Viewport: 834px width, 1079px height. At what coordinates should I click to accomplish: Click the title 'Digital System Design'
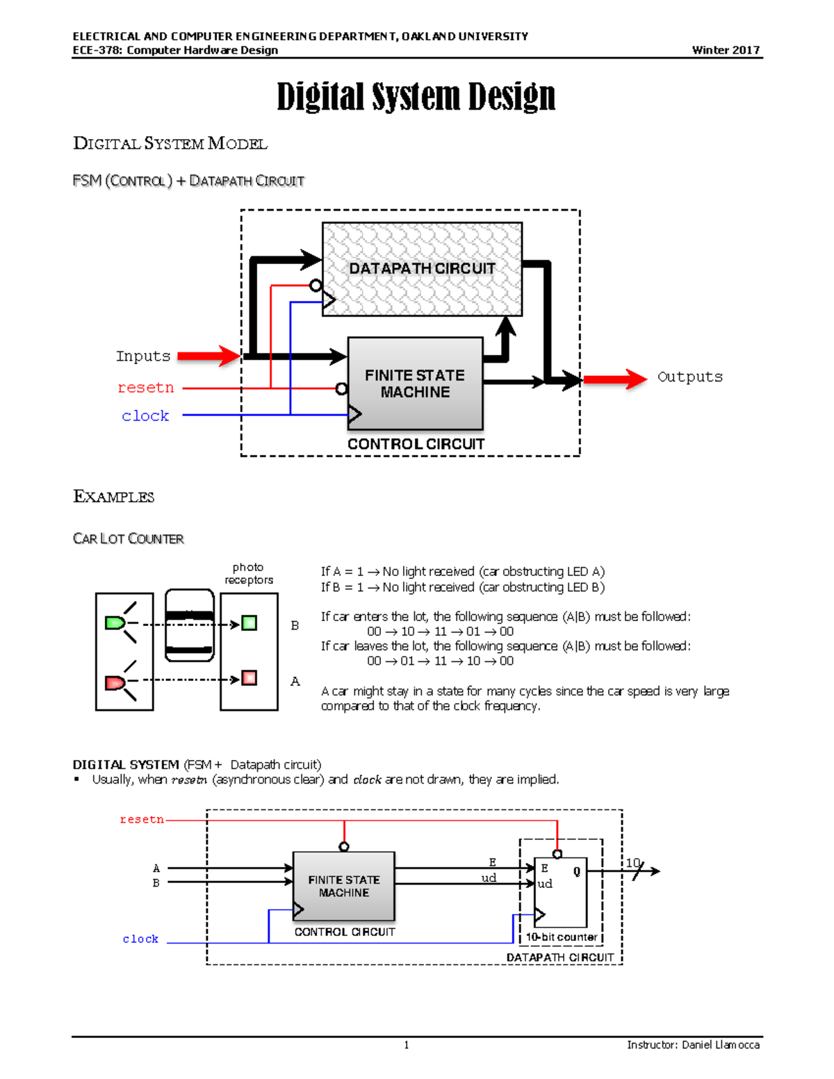coord(416,97)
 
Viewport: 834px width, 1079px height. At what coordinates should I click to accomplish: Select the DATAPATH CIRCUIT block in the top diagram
coord(422,269)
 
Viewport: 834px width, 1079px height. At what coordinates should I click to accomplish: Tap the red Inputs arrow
coord(208,356)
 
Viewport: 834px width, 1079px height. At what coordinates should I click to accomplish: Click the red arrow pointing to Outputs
coord(615,379)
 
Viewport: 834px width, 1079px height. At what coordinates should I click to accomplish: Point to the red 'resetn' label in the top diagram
coord(145,388)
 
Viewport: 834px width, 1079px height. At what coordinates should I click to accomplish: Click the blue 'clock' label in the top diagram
coord(145,416)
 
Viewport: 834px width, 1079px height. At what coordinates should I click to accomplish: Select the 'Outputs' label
coord(689,377)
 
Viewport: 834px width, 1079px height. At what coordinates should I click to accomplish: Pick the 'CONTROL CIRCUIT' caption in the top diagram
coord(416,444)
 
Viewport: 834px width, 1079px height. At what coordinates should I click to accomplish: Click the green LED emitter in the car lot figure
coord(115,623)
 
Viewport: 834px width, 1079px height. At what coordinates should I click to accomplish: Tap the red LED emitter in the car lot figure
coord(115,683)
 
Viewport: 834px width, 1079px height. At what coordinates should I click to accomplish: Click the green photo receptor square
coord(249,623)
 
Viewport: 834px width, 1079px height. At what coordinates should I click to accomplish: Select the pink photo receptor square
coord(249,678)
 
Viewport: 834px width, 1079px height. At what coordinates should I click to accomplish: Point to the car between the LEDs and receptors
coord(189,625)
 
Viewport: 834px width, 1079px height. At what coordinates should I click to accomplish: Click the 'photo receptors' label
coord(248,574)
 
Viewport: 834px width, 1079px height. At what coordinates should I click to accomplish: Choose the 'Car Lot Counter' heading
coord(128,539)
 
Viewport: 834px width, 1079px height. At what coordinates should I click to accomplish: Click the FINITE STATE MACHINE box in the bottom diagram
coord(344,886)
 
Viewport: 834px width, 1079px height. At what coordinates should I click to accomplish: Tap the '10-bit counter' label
coord(562,937)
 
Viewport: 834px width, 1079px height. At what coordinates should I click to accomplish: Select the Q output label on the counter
coord(577,871)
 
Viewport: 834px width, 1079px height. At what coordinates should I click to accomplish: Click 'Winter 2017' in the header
coord(726,50)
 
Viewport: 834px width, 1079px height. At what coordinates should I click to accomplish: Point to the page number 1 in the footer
coord(407,1045)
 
